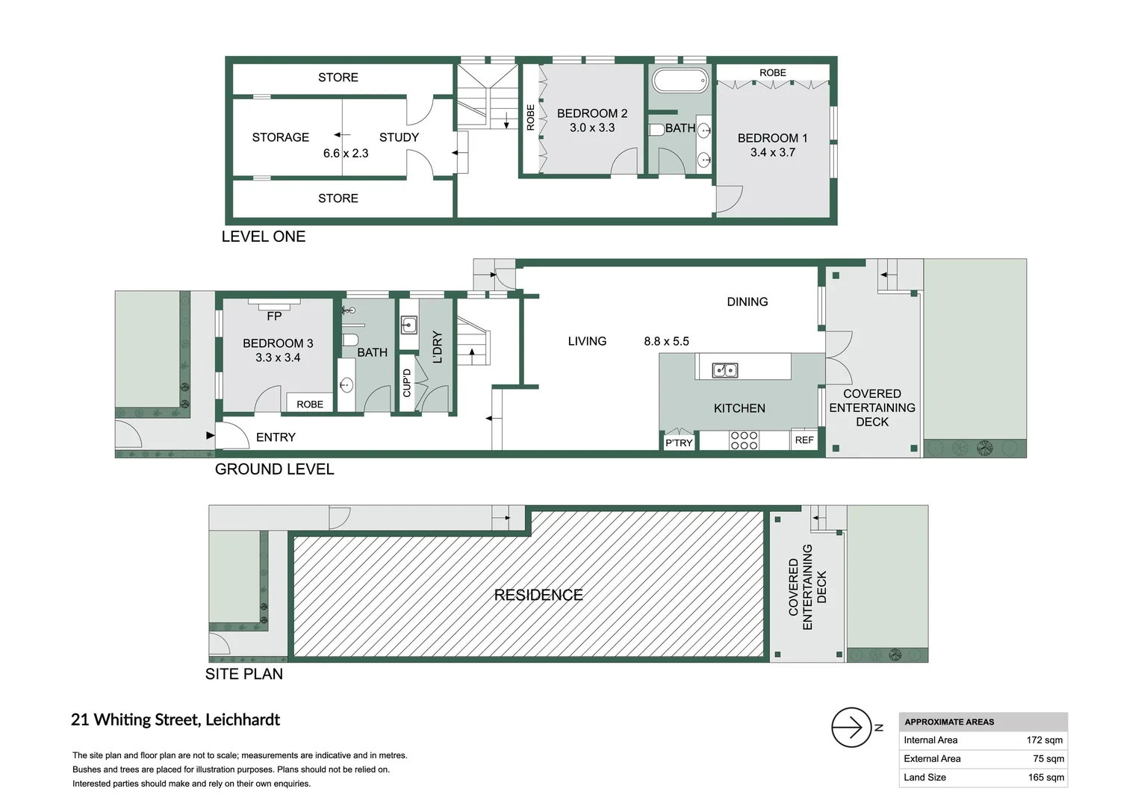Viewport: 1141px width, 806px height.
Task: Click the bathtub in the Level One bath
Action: click(680, 81)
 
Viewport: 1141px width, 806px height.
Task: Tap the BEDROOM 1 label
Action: click(772, 138)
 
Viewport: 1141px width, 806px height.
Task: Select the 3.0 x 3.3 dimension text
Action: click(591, 128)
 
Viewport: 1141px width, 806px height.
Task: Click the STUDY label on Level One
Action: click(399, 137)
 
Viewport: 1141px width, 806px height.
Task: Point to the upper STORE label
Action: click(338, 78)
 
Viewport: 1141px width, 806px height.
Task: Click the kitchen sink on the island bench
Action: click(724, 370)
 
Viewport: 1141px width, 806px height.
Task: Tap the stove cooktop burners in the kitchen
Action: click(744, 440)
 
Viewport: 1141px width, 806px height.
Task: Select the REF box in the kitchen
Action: click(804, 440)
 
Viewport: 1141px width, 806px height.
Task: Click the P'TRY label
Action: click(679, 443)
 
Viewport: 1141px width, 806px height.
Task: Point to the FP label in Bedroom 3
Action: click(274, 316)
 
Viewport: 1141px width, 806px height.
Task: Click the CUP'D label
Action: click(407, 383)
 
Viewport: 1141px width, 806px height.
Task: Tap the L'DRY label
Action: click(438, 347)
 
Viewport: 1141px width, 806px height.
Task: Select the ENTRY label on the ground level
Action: click(276, 437)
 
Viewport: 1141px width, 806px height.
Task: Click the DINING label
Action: click(747, 302)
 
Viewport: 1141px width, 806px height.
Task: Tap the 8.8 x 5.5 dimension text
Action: click(666, 341)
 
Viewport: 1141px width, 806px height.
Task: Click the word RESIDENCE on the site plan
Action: click(538, 595)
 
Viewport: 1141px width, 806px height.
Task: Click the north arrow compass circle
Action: click(851, 727)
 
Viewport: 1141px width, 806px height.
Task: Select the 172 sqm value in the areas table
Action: click(1044, 740)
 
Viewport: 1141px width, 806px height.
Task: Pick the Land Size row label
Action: click(924, 778)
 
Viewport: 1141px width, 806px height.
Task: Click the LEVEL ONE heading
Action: click(263, 237)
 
